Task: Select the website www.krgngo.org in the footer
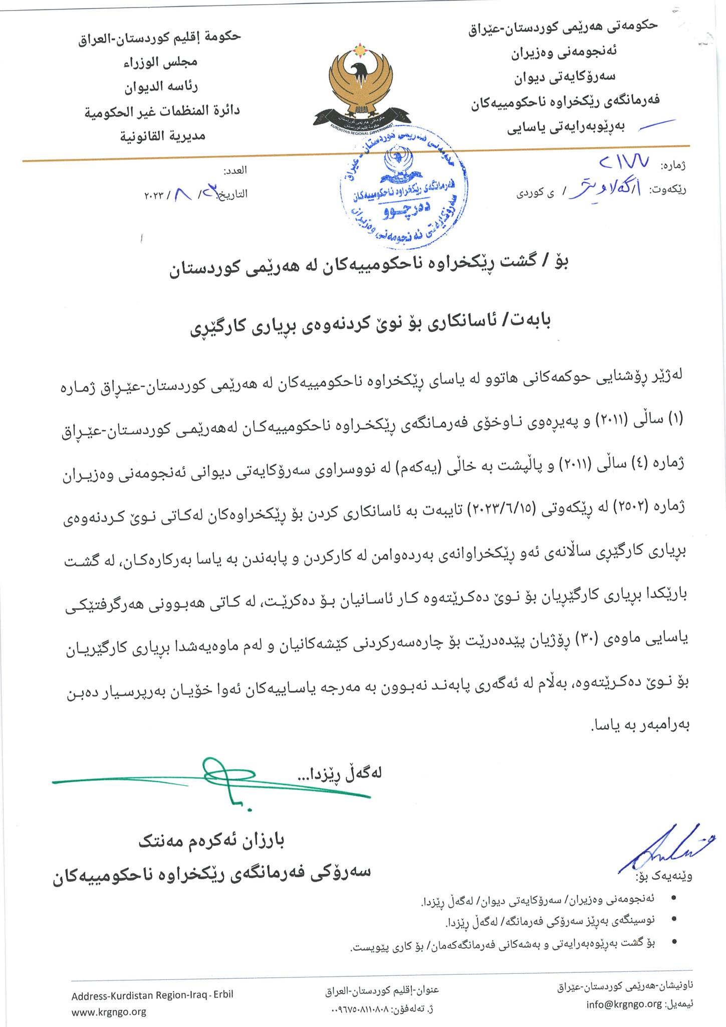(109, 1011)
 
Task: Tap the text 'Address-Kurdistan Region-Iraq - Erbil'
(152, 995)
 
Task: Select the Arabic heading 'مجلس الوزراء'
(161, 62)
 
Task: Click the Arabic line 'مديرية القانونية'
(162, 135)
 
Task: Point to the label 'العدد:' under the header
(235, 170)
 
